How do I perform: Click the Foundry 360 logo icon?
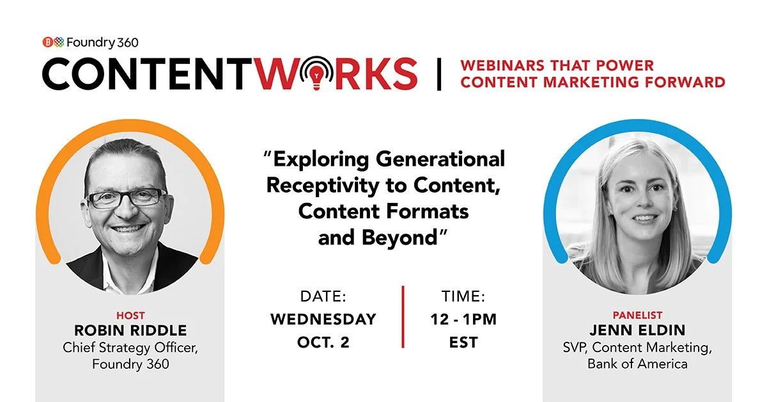(52, 43)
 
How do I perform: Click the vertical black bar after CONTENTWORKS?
(439, 74)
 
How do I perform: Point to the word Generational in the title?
(440, 159)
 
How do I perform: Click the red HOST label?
(130, 316)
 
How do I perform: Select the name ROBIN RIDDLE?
(130, 331)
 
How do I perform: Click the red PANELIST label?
(637, 316)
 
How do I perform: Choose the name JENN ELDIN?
(637, 331)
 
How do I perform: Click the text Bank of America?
(637, 364)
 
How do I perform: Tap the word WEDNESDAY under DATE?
(323, 318)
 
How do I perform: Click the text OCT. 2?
(323, 342)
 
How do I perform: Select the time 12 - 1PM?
(463, 318)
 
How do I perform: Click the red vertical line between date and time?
(403, 317)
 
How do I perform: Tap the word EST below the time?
(463, 342)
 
